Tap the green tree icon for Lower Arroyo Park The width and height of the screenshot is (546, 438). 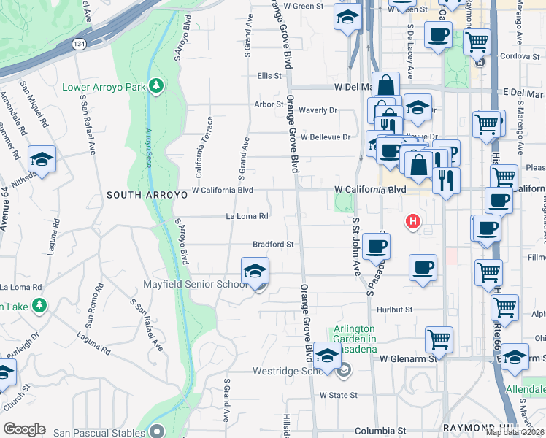tap(155, 87)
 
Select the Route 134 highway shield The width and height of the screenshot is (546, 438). tap(77, 45)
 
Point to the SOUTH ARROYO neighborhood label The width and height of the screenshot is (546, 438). tap(142, 195)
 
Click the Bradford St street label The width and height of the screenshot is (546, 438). tap(273, 245)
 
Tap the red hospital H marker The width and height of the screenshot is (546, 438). tap(413, 221)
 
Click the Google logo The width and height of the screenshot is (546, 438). tap(24, 429)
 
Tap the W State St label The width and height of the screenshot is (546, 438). tap(338, 395)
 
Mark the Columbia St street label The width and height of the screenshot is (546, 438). tap(380, 431)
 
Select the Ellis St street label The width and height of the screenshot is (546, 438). tap(269, 75)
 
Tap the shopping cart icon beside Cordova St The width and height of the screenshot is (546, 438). tap(477, 43)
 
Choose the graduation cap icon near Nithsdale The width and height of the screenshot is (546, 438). tap(42, 161)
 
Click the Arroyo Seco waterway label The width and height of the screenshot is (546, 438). tap(148, 147)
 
